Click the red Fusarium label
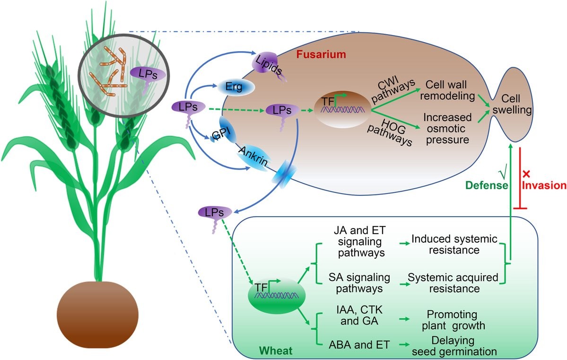pyautogui.click(x=321, y=54)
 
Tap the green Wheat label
pyautogui.click(x=276, y=351)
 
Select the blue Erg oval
pyautogui.click(x=235, y=87)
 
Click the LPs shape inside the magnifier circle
pyautogui.click(x=148, y=77)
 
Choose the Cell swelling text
pyautogui.click(x=512, y=104)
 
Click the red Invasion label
pyautogui.click(x=544, y=185)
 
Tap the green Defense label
pyautogui.click(x=487, y=185)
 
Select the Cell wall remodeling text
pyautogui.click(x=447, y=90)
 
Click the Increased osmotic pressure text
pyautogui.click(x=448, y=129)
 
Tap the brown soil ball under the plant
pyautogui.click(x=97, y=315)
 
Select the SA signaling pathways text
pyautogui.click(x=359, y=283)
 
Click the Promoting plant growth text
pyautogui.click(x=453, y=320)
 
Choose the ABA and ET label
pyautogui.click(x=359, y=345)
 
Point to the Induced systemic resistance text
pyautogui.click(x=454, y=245)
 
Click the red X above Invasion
pyautogui.click(x=526, y=174)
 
